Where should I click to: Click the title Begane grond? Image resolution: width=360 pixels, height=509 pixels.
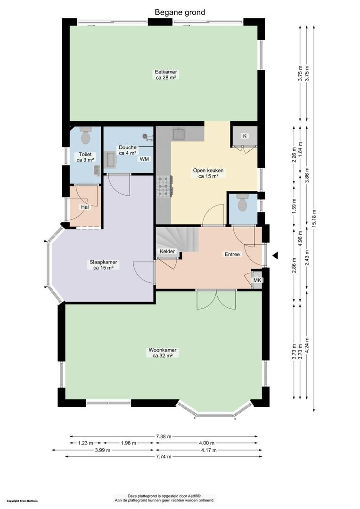click(x=180, y=12)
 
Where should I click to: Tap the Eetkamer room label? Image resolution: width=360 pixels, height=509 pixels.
click(x=166, y=72)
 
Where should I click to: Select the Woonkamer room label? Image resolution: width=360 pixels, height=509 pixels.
click(x=163, y=350)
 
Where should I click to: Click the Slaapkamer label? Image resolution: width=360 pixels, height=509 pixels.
click(x=103, y=262)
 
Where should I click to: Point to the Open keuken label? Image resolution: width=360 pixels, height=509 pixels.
click(x=208, y=170)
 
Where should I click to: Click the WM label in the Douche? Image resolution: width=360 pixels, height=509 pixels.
click(x=145, y=159)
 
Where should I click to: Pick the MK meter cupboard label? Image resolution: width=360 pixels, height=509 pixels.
click(x=257, y=280)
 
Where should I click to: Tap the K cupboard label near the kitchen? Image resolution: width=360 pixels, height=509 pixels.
click(x=245, y=136)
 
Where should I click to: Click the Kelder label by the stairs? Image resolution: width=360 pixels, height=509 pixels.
click(x=167, y=251)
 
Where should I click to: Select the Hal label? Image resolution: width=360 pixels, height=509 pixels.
click(x=85, y=207)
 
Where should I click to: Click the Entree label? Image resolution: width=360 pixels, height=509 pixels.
click(x=232, y=254)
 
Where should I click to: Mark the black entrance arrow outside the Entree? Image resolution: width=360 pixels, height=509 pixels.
click(x=275, y=255)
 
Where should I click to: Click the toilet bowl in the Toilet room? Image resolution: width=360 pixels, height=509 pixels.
click(x=86, y=136)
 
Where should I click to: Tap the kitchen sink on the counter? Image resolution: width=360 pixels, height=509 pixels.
click(x=179, y=134)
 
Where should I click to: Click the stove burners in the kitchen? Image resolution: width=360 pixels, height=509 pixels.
click(x=164, y=186)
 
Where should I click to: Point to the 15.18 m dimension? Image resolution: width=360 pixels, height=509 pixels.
click(x=314, y=217)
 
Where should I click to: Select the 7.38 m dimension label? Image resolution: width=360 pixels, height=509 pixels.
click(x=164, y=436)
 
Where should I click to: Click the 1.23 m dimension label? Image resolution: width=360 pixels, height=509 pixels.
click(x=85, y=443)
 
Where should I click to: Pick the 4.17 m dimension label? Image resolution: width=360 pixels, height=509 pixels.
click(x=209, y=450)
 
